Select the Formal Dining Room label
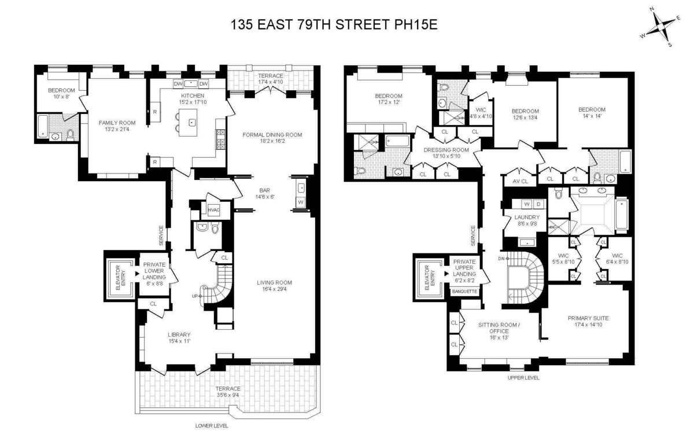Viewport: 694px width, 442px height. [x=272, y=135]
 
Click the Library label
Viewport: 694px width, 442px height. [x=179, y=334]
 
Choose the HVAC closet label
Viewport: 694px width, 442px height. [x=214, y=209]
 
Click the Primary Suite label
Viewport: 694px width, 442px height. [x=588, y=318]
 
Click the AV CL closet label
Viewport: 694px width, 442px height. [x=520, y=181]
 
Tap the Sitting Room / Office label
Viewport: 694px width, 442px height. [x=499, y=328]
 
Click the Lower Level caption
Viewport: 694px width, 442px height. [x=212, y=425]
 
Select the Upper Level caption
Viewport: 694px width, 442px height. [x=523, y=378]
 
